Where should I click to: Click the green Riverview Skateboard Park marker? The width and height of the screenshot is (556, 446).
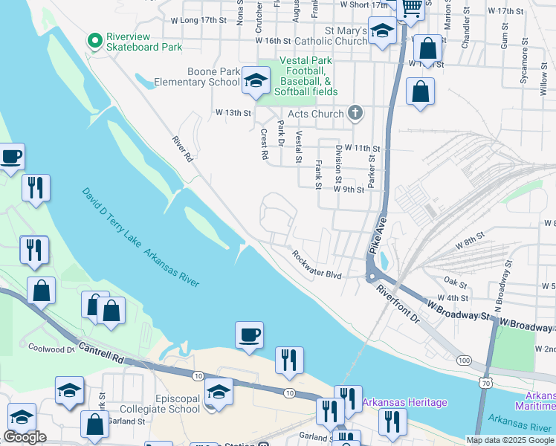point(94,41)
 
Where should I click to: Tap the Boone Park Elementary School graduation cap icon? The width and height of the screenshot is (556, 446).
point(255,83)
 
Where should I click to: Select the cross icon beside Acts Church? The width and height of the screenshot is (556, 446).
point(355,113)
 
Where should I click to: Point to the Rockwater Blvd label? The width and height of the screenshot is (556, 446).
point(317,265)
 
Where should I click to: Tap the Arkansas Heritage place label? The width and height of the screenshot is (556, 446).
point(405,403)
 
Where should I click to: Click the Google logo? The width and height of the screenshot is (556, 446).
point(25,437)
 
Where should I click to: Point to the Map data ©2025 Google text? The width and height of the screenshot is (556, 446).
point(510,440)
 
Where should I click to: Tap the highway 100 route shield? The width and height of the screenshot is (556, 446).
point(465,360)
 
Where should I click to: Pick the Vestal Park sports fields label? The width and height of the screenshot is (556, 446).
point(308,77)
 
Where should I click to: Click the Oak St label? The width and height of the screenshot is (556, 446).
point(455,283)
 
